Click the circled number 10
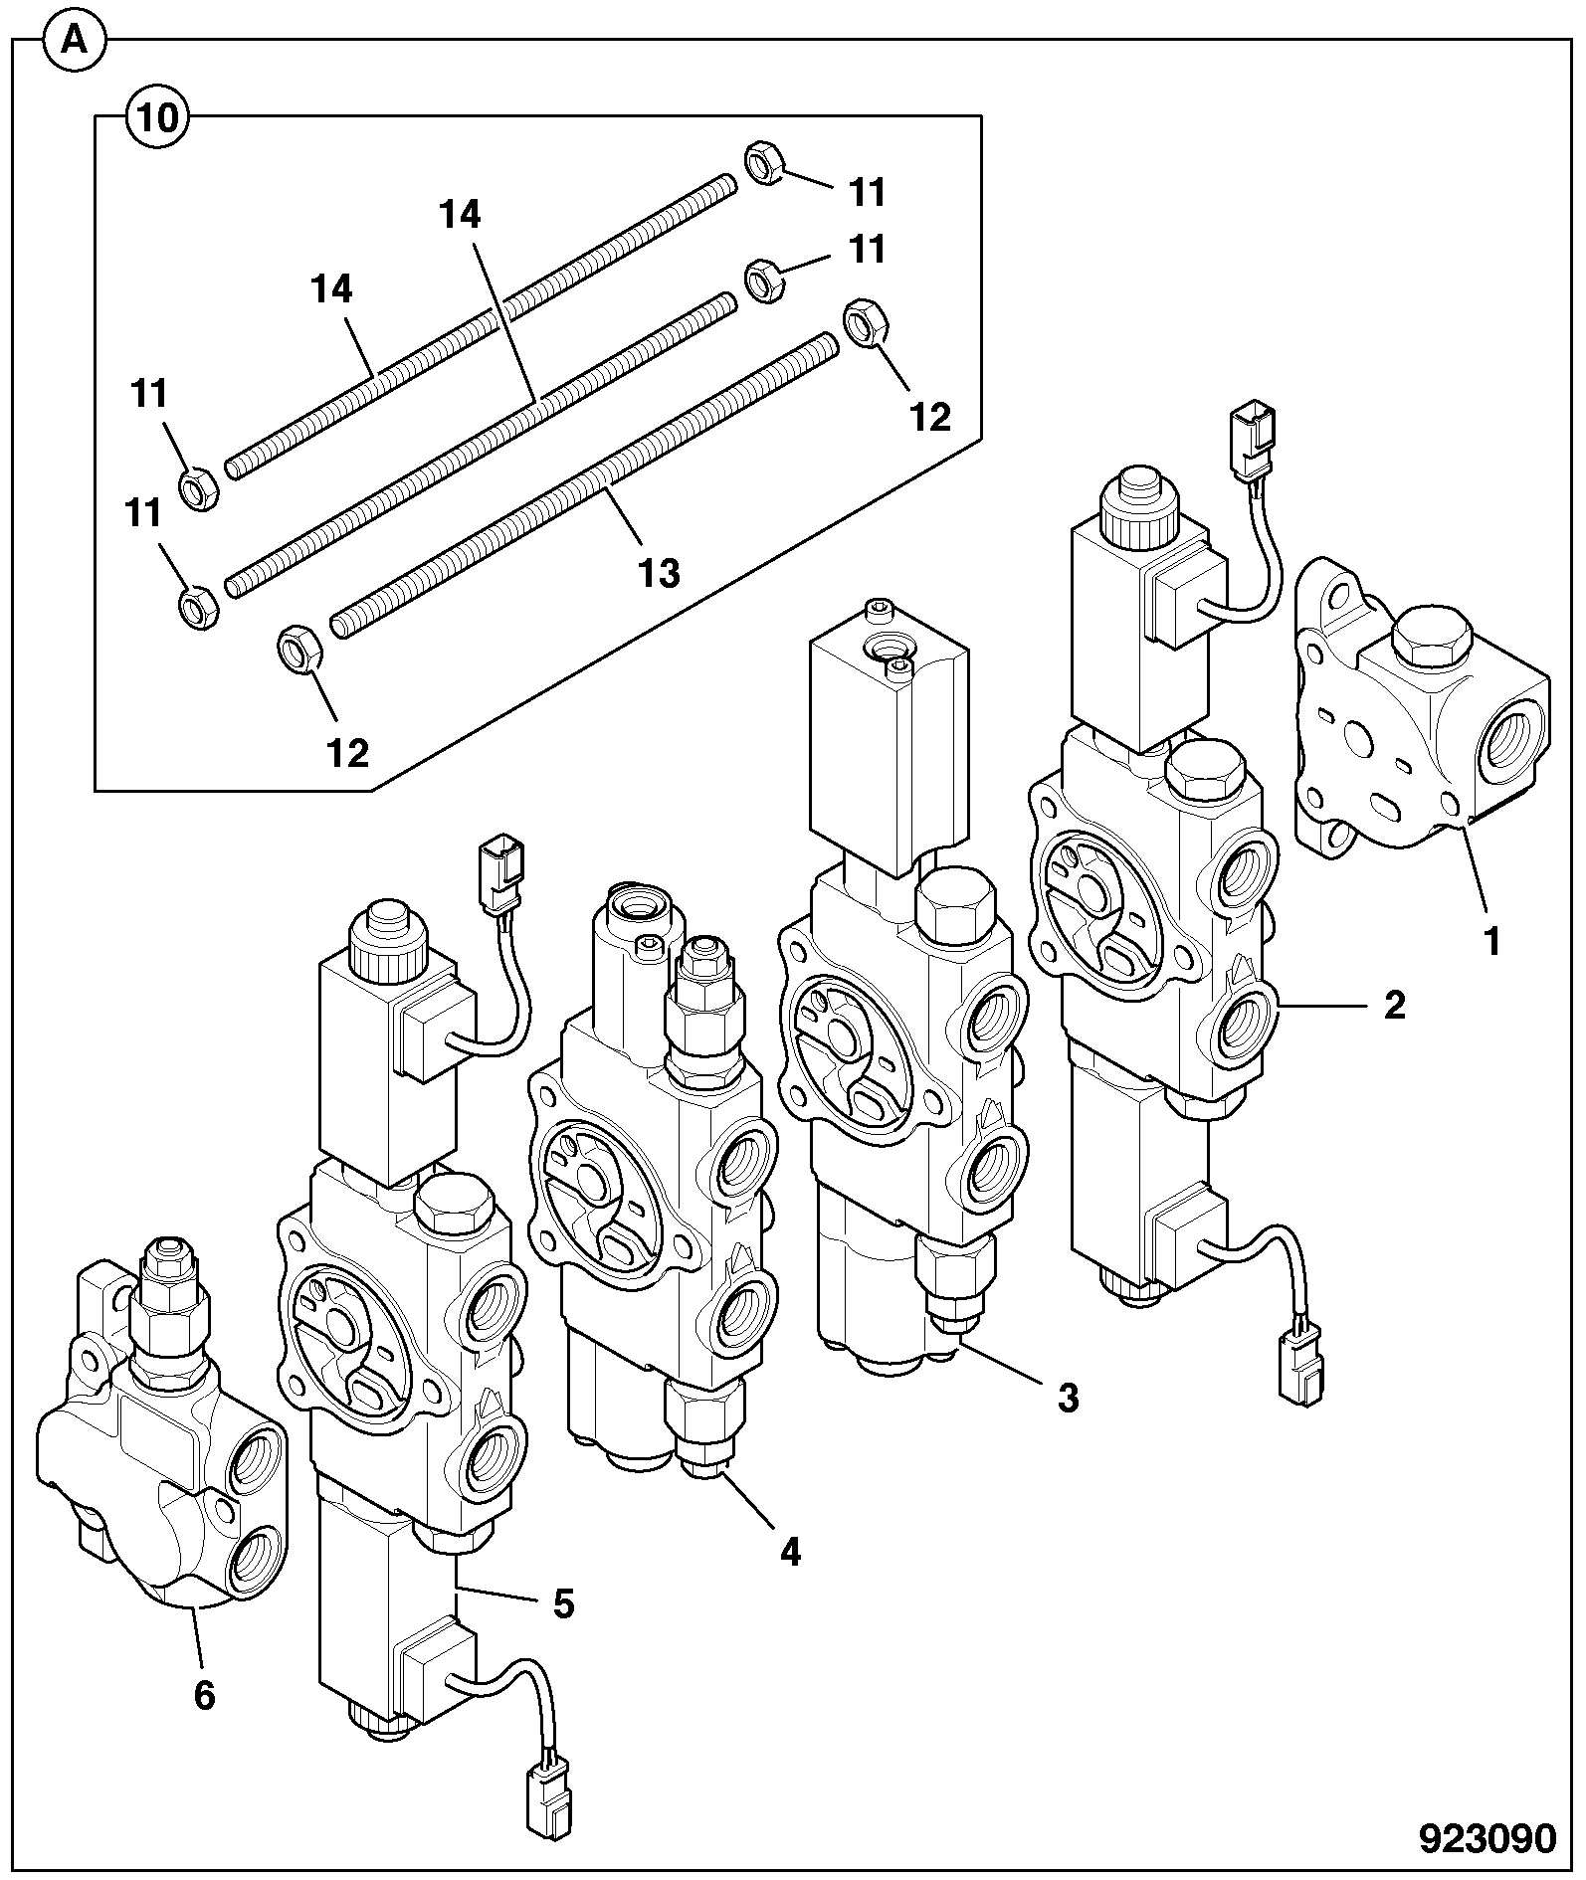(156, 116)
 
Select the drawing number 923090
(1487, 1839)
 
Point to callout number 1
(1491, 940)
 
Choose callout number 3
(1068, 1398)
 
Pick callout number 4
(790, 1551)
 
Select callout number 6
(204, 1695)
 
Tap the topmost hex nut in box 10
(763, 161)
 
